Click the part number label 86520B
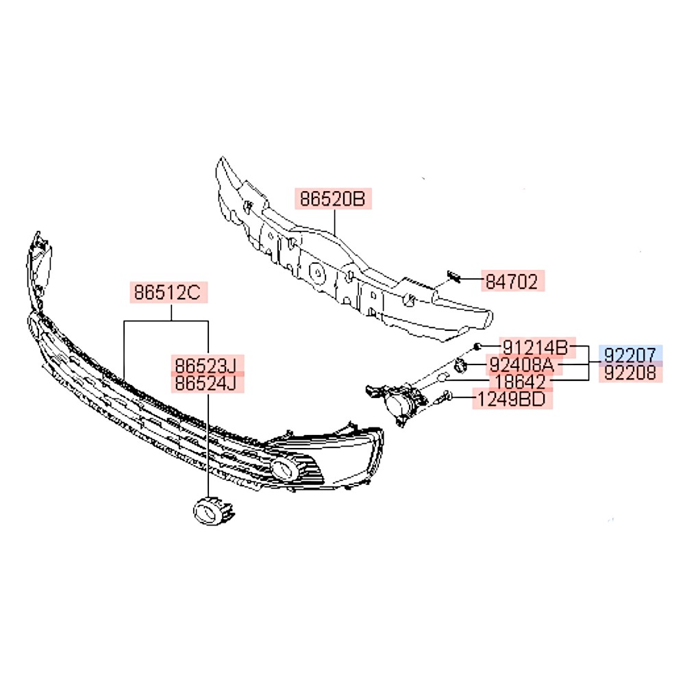pos(333,199)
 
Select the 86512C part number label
pos(169,292)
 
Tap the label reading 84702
pos(513,281)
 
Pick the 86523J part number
pos(207,365)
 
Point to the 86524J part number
pos(207,384)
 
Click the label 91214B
pos(537,348)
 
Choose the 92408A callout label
pos(524,365)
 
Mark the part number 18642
pos(521,382)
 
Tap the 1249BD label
pos(512,399)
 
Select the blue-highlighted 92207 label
pos(630,354)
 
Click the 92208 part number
pos(630,373)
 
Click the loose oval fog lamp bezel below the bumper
pos(213,511)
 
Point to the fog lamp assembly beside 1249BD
pos(397,402)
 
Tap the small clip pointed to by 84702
pos(453,277)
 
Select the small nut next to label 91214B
pos(477,347)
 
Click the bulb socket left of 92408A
pos(460,365)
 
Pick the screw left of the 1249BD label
pos(447,397)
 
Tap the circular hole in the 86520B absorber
pos(317,273)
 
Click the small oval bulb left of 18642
pos(443,377)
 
